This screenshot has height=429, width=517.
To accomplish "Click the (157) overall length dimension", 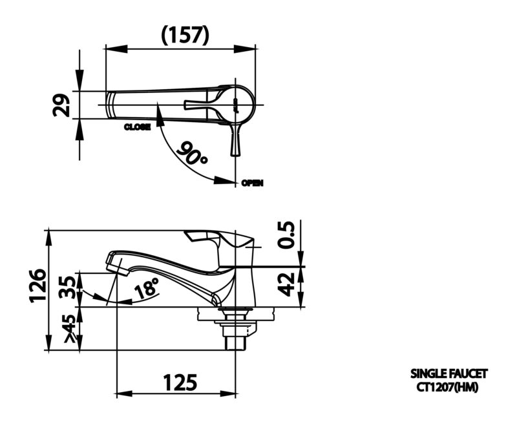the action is (185, 35).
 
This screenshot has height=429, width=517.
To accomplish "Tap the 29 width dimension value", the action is (61, 105).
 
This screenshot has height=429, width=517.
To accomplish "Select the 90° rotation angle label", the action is (191, 153).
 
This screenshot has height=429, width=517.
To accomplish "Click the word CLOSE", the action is (137, 127).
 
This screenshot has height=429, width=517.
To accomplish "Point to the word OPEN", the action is (252, 183).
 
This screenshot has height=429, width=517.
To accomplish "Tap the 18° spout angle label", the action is (146, 288).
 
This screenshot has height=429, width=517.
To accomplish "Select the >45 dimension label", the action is (69, 328).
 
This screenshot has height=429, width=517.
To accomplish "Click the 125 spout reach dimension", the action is (180, 382).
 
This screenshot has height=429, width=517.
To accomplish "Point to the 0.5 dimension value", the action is (286, 235).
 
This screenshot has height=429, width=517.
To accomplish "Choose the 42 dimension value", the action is (286, 284).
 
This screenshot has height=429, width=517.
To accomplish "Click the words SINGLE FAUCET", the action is (448, 373).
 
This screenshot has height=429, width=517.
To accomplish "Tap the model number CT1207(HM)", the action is (447, 387).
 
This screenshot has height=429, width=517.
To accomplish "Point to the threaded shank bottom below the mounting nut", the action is (235, 343).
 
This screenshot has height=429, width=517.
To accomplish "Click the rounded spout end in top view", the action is (111, 105).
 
